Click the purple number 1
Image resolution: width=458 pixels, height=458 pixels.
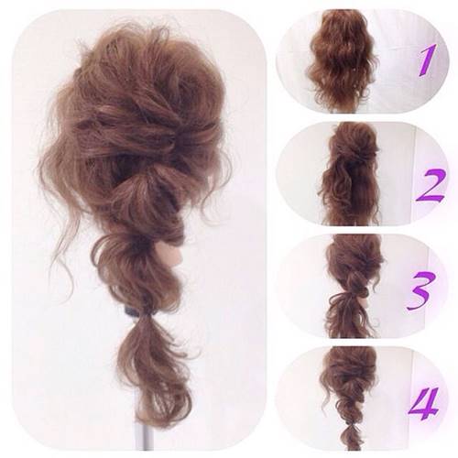tap(428, 60)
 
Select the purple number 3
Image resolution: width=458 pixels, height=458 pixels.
tap(421, 290)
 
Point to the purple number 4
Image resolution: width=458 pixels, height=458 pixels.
tap(424, 404)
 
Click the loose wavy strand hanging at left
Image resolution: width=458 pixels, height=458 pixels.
tap(64, 245)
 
